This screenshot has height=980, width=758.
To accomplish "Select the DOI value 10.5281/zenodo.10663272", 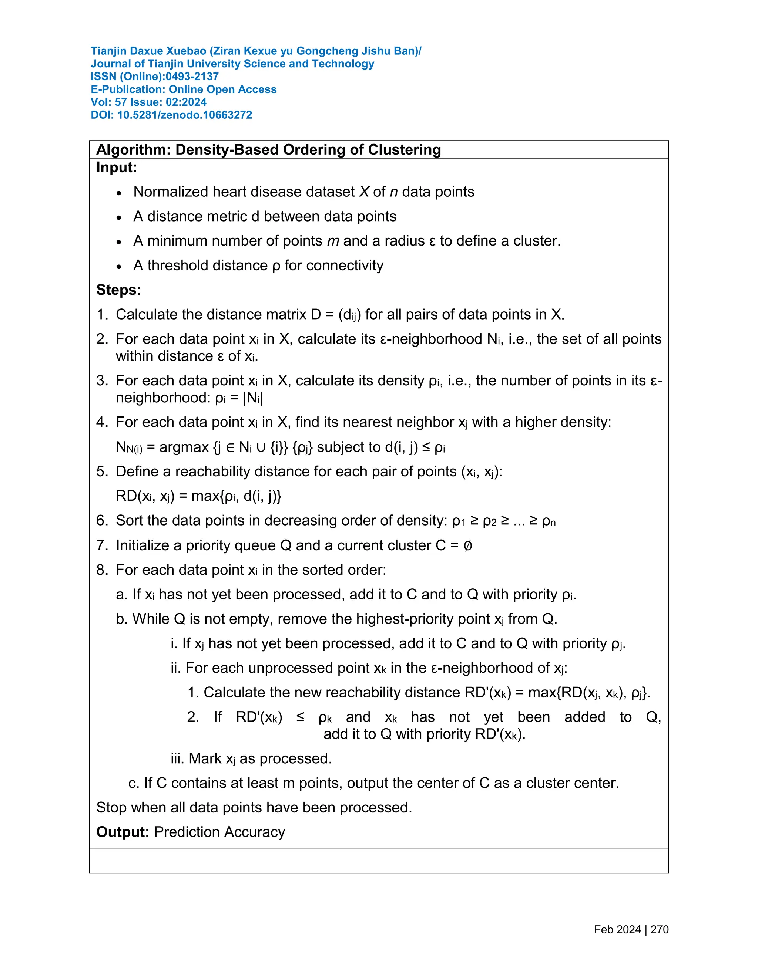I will [x=185, y=115].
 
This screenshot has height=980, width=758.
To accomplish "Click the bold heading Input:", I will [x=116, y=168].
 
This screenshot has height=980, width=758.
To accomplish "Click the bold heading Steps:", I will [x=118, y=290].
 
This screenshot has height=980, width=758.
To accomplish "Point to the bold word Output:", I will [x=122, y=832].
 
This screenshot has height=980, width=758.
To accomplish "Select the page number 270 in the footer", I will [x=659, y=930].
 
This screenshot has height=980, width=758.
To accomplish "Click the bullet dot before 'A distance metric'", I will [x=119, y=217].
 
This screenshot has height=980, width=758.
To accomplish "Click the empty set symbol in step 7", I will [x=467, y=545].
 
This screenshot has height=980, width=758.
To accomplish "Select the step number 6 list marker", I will [x=102, y=521].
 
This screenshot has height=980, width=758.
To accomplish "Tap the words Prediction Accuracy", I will [x=219, y=832].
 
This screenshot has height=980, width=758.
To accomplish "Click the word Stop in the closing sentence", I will [x=110, y=808].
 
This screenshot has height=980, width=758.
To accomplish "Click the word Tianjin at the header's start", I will [x=108, y=51].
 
